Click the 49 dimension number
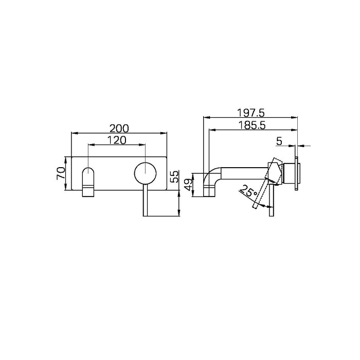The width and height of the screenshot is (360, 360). (188, 183)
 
